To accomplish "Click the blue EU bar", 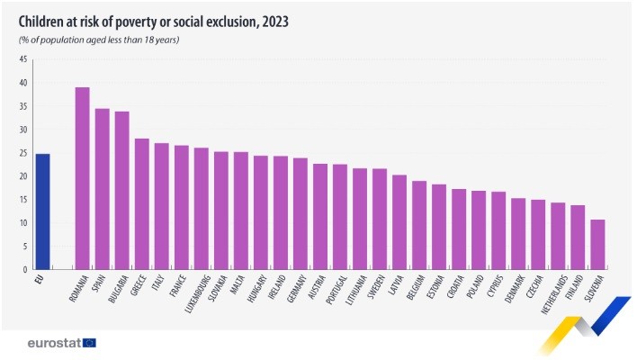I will point(42,211).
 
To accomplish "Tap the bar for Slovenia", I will point(597,244).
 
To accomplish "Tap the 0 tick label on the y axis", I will point(24,269).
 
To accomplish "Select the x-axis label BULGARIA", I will point(118,289).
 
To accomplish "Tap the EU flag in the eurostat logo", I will point(88,343).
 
